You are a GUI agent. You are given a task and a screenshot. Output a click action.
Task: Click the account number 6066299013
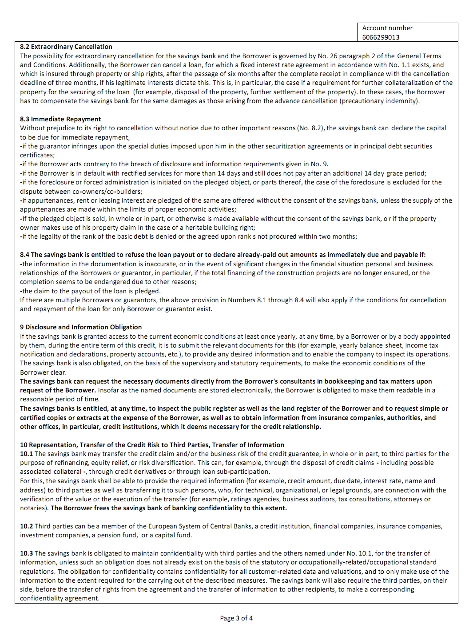coord(381,37)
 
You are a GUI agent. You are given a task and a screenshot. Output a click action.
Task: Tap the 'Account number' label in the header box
coord(387,28)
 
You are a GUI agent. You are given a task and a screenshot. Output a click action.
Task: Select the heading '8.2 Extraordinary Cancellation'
coord(66,47)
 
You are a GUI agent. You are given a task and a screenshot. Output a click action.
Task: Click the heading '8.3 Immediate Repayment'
coord(60,119)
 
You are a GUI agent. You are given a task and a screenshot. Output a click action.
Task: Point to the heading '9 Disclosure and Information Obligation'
coord(81,327)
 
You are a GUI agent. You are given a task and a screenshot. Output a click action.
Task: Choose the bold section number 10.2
coord(26,526)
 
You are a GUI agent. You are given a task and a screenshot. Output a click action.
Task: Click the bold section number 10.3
coord(26,553)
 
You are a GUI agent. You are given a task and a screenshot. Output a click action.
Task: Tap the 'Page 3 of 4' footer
coord(236,618)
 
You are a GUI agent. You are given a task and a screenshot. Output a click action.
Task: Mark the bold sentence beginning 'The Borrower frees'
coord(169,508)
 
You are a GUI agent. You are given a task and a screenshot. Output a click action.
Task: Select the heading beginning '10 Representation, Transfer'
coord(152,445)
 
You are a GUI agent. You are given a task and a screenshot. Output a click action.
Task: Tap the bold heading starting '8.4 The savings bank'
coord(223,255)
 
